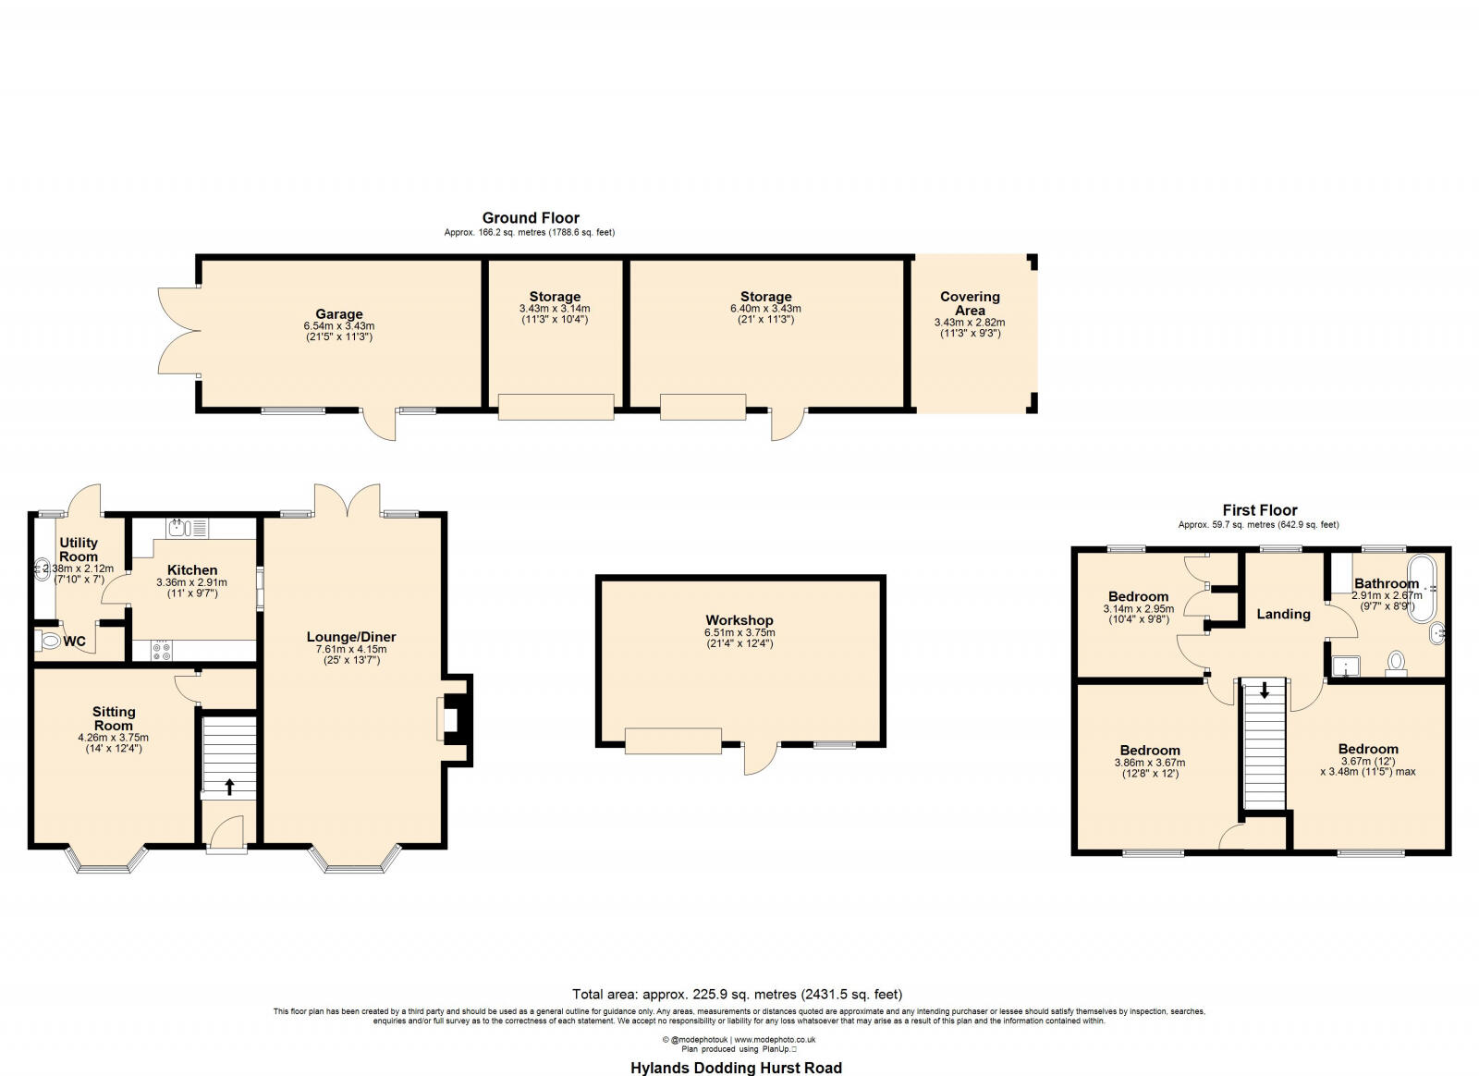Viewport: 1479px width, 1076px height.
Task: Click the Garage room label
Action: (x=338, y=314)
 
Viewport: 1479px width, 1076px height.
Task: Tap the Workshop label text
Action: (x=739, y=620)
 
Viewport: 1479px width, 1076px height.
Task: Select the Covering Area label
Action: (x=970, y=303)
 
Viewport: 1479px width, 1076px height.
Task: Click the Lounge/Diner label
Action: (x=351, y=637)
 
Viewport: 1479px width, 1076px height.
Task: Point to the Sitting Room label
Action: (x=114, y=718)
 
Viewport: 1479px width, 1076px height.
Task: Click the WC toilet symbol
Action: (x=49, y=641)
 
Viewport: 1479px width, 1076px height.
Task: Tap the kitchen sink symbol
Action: (x=179, y=529)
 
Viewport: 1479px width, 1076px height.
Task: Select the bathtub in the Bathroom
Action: (x=1421, y=588)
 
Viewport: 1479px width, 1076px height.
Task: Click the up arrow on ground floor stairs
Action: (x=229, y=787)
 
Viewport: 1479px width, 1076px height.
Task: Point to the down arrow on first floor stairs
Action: (x=1265, y=691)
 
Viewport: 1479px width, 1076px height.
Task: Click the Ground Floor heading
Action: (x=531, y=218)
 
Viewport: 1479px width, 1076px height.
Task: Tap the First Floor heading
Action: (x=1259, y=510)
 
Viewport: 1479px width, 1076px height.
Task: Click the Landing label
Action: (x=1283, y=614)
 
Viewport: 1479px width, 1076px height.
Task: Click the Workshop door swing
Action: (x=760, y=759)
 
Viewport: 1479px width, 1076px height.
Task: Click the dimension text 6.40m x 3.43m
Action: (x=765, y=309)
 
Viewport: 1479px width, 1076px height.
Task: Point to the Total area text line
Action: (x=737, y=995)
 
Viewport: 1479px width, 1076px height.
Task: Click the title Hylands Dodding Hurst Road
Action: (x=736, y=1068)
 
